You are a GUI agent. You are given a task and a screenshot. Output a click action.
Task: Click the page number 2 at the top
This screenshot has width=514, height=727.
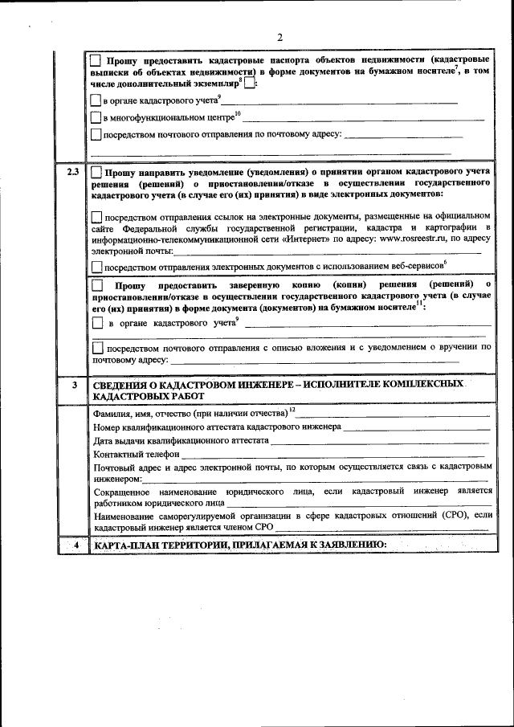(x=279, y=37)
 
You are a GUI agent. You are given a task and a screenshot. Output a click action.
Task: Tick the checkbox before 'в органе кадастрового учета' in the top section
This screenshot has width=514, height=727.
(x=96, y=100)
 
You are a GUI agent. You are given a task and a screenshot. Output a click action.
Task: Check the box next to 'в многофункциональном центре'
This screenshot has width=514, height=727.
(x=96, y=118)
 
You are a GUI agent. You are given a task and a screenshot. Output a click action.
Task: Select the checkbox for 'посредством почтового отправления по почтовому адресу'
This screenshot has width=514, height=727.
(x=96, y=135)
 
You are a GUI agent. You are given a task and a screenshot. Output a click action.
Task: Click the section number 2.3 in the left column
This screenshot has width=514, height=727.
(x=72, y=173)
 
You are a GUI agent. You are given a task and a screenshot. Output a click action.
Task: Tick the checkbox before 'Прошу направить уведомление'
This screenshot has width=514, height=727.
(x=96, y=173)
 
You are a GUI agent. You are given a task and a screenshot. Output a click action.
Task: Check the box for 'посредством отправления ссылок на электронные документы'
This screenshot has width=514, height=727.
(x=96, y=216)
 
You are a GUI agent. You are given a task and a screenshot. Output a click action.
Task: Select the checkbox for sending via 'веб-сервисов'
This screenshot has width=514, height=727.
(x=96, y=266)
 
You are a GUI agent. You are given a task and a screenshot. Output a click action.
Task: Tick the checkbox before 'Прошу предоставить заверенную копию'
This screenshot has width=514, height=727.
(x=96, y=285)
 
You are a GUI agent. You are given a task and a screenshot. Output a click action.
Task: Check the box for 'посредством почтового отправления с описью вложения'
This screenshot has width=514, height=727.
(x=98, y=349)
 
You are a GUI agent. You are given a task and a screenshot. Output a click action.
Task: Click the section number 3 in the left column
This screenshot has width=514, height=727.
(x=72, y=386)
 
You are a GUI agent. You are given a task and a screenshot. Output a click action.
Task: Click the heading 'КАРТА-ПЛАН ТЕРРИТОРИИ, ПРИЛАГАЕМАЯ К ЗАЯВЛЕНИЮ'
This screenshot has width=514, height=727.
(x=240, y=546)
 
